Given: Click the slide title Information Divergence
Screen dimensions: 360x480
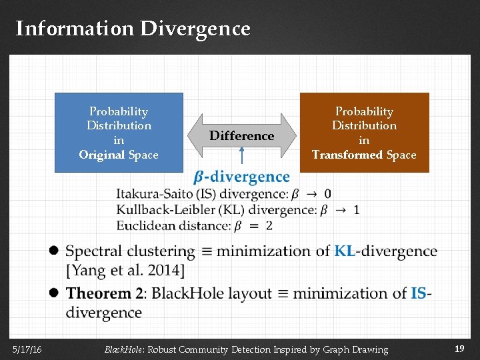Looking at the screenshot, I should [x=133, y=29].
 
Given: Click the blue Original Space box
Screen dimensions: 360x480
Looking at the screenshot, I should [x=119, y=132].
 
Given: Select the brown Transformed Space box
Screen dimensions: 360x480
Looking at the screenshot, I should [x=364, y=132].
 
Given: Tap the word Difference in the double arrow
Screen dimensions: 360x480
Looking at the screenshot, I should [x=242, y=136].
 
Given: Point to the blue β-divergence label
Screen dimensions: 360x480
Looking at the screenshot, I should [x=241, y=177].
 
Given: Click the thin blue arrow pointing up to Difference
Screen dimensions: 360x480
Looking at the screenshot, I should [x=241, y=157].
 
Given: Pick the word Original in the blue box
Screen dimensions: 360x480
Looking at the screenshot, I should [x=102, y=155].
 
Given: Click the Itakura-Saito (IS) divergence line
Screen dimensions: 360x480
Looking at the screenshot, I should [x=223, y=194].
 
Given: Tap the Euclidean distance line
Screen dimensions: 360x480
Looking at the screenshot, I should [x=194, y=225].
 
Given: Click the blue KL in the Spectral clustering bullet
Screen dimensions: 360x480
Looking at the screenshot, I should [x=345, y=251].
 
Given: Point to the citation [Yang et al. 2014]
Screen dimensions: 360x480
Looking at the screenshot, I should [x=125, y=271].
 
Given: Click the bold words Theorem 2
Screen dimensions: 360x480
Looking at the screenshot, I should [x=104, y=293].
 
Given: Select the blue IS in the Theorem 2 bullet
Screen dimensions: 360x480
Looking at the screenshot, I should [x=419, y=293].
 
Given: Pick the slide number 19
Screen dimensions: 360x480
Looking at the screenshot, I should [x=459, y=349].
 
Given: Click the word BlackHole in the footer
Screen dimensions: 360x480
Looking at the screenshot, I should [x=123, y=349].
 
